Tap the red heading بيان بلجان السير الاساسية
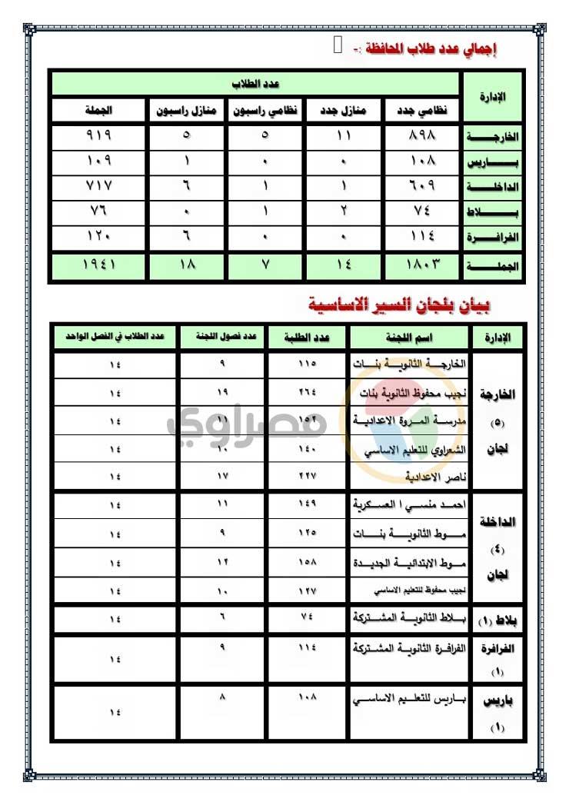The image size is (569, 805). [x=397, y=306]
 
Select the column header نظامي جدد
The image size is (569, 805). [x=421, y=110]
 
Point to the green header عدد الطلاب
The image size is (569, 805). [x=255, y=84]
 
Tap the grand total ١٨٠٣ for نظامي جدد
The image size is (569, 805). [x=421, y=266]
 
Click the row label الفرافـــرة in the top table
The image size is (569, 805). [x=493, y=238]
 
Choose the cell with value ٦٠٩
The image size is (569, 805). [x=421, y=187]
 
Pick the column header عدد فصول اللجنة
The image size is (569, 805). [x=223, y=337]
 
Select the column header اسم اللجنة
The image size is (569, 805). [x=408, y=337]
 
